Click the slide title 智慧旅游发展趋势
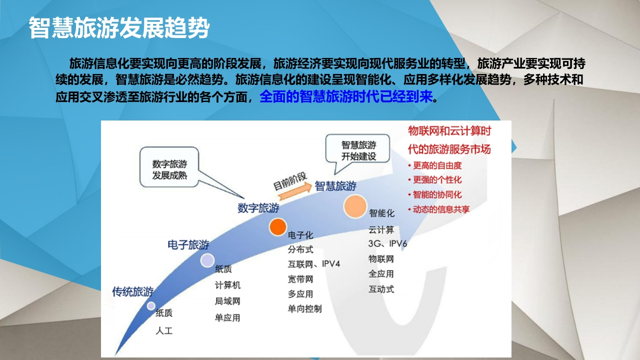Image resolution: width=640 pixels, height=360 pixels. click(119, 27)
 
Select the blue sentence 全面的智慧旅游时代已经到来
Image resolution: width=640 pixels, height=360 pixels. click(346, 96)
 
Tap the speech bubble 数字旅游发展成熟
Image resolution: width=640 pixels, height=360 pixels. click(169, 167)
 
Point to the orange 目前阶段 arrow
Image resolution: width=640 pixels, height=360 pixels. click(295, 191)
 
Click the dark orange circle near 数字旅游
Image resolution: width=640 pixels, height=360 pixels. click(277, 227)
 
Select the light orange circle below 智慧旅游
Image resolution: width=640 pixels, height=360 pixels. click(355, 206)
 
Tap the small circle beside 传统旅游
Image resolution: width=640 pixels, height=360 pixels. click(151, 306)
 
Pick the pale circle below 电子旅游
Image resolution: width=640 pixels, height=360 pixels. click(207, 260)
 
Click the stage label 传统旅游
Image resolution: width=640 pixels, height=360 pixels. click(132, 291)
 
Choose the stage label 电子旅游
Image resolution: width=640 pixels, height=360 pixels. click(188, 245)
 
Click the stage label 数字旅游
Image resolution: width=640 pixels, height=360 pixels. click(258, 208)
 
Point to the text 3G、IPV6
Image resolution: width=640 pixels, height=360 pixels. click(387, 243)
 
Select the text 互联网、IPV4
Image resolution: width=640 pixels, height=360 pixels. click(313, 263)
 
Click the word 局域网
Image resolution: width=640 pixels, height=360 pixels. click(227, 301)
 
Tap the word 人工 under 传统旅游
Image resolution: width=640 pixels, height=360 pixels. click(164, 331)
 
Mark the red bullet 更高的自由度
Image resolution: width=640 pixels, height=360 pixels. click(435, 165)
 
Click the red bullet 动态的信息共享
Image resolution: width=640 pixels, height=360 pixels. click(439, 209)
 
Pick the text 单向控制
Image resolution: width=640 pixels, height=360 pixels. click(304, 309)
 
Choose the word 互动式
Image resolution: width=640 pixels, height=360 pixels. click(381, 289)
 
